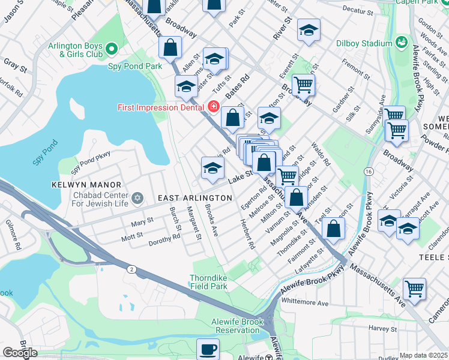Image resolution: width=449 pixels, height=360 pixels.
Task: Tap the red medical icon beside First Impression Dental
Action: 212,107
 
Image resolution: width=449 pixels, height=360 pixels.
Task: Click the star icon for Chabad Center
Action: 137,197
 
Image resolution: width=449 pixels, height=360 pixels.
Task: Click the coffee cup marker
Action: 208,348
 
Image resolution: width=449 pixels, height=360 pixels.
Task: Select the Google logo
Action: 19,353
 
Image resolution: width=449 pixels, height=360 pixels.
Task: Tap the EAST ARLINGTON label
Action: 194,198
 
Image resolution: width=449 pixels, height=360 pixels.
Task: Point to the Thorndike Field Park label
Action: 208,283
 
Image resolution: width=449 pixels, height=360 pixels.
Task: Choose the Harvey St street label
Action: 379,328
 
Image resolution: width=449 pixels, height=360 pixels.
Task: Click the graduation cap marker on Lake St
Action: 212,168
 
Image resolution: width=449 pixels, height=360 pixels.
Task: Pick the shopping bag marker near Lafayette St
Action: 333,228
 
